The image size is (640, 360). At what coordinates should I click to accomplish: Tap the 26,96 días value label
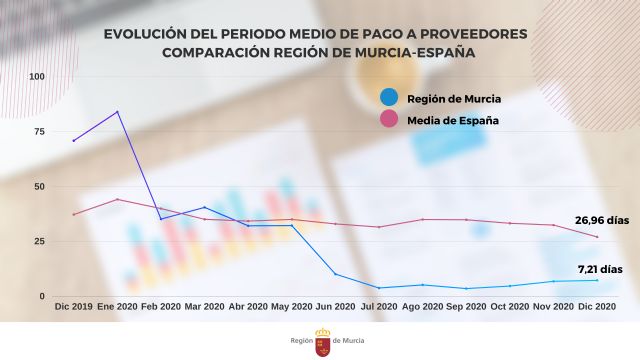pos(602,220)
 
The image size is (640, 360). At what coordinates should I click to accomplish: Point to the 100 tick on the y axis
pos(37,77)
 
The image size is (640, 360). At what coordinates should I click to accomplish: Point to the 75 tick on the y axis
pos(39,132)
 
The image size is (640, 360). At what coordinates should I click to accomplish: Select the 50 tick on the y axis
pos(39,187)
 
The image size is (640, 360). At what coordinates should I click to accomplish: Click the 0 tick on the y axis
pos(42,296)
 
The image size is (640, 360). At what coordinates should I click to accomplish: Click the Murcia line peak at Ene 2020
pos(118,112)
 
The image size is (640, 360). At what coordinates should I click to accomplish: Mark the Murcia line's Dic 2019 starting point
pos(74,141)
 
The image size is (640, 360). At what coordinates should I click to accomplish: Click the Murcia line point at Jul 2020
pos(379,288)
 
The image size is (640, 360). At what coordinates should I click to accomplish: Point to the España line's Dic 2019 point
pos(74,214)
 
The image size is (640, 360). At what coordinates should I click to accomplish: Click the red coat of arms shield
pos(323,345)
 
